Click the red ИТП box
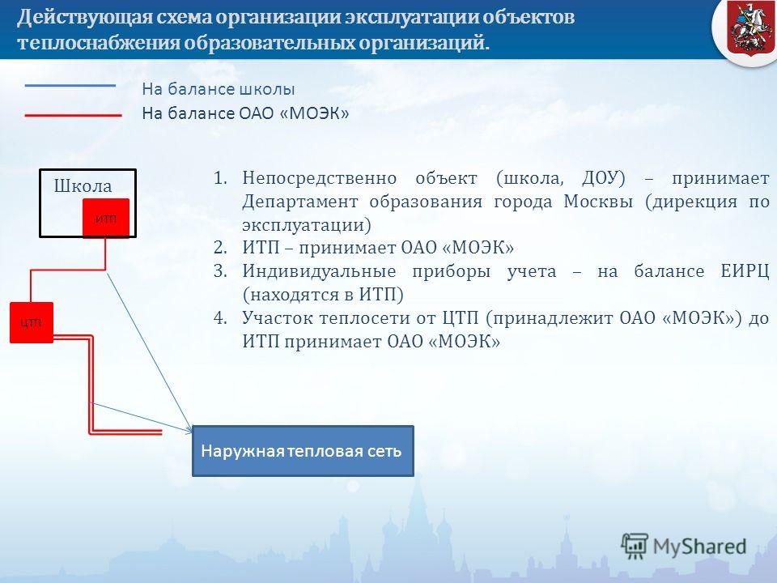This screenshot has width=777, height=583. click(x=106, y=218)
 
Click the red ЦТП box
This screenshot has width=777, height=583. click(x=32, y=322)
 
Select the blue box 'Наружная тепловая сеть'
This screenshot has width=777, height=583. click(x=303, y=451)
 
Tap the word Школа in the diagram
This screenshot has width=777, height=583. click(x=83, y=186)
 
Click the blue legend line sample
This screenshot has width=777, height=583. click(x=70, y=86)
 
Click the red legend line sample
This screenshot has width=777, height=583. click(x=73, y=116)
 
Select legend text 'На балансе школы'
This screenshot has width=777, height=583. click(x=218, y=89)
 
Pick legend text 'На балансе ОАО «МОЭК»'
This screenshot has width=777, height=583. click(x=245, y=113)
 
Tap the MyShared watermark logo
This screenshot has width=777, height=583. click(x=684, y=547)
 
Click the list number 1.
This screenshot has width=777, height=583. click(x=220, y=178)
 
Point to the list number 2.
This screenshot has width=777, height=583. click(x=220, y=248)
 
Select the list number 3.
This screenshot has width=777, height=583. click(x=220, y=271)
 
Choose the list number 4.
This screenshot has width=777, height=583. click(x=220, y=317)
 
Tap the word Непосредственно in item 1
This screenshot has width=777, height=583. click(x=320, y=178)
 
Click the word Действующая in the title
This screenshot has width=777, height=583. click(x=83, y=17)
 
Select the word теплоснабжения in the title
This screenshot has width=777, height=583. click(x=99, y=43)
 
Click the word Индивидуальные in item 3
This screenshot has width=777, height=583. click(x=319, y=272)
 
